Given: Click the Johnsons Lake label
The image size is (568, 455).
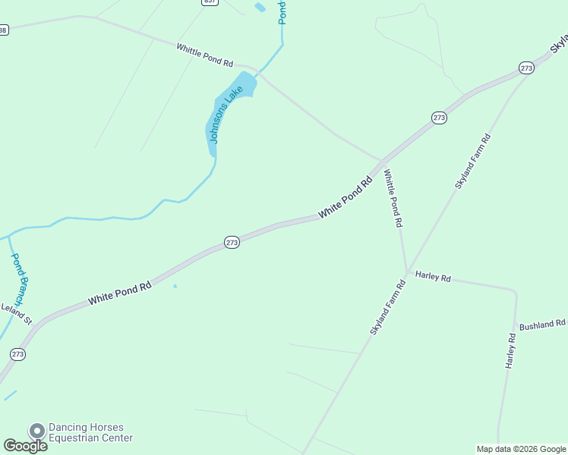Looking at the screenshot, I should click(x=226, y=115).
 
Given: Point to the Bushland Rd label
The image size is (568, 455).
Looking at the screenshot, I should click(x=542, y=324).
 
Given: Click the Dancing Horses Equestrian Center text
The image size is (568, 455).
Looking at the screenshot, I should click(x=90, y=432).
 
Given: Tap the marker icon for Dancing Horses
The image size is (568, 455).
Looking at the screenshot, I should click(x=36, y=431).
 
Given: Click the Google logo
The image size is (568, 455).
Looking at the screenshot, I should click(x=25, y=446).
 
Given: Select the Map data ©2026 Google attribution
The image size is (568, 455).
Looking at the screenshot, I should click(x=521, y=449).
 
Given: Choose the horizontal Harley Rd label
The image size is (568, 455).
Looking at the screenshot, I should click(x=433, y=277).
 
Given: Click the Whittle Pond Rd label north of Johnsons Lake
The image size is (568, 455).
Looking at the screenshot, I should click(x=205, y=54).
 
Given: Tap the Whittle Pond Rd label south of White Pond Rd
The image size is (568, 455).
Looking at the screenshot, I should click(x=393, y=199).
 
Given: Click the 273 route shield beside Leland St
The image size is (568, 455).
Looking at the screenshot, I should click(x=18, y=354).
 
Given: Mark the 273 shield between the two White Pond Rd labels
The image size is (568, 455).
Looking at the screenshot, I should click(x=232, y=242).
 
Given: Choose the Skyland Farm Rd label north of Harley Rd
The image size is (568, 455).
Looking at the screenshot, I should click(x=473, y=161).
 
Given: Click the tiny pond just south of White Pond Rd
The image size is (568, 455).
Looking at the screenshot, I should click(x=175, y=286).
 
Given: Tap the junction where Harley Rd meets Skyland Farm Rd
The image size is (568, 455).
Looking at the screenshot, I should click(x=408, y=271).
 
